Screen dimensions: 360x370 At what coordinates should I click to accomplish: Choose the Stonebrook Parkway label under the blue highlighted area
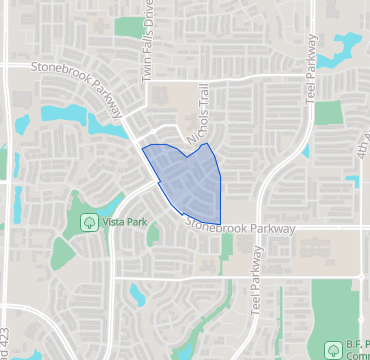(x=239, y=228)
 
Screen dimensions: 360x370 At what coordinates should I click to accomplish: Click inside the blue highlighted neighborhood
(x=185, y=180)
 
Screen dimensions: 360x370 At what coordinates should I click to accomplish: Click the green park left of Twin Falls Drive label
(x=128, y=29)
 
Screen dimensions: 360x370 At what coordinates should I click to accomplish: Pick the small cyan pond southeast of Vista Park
(x=137, y=292)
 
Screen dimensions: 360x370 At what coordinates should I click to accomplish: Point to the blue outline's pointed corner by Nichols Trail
(x=207, y=144)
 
